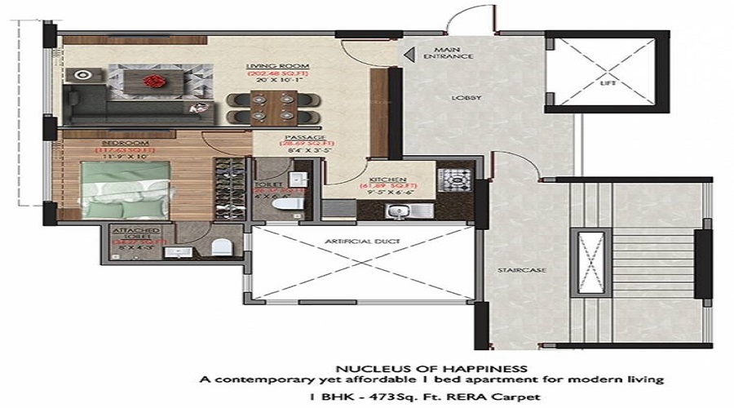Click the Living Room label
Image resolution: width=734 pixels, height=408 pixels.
[x=270, y=67]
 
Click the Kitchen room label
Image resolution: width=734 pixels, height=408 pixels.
[x=382, y=179]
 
